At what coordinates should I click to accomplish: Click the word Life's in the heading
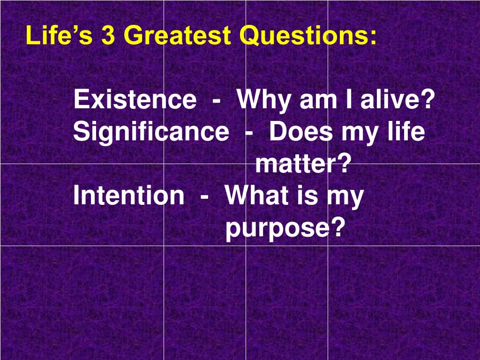[x=59, y=36]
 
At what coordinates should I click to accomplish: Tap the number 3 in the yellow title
[x=108, y=36]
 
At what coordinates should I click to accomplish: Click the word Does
[x=301, y=132]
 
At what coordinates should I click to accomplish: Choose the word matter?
[x=303, y=165]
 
